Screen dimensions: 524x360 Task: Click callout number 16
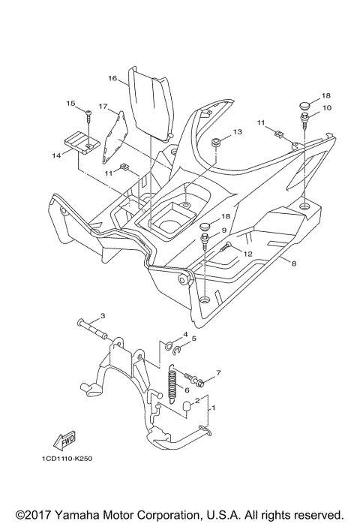[x=112, y=77]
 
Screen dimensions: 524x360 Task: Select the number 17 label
[x=103, y=107]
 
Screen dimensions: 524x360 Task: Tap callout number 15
[x=72, y=103]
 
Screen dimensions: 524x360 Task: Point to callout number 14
[x=55, y=155]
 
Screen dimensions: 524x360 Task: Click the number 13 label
[x=237, y=132]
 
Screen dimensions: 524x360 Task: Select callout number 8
[x=294, y=263]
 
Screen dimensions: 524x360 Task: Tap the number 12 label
[x=248, y=254]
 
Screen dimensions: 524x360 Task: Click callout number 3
[x=103, y=315]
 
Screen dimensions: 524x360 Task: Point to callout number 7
[x=218, y=372]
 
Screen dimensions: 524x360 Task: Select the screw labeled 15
[x=88, y=116]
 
